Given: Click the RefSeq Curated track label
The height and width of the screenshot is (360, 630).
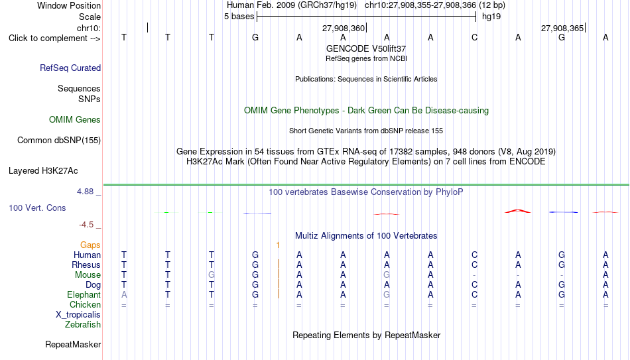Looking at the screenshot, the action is (70, 68).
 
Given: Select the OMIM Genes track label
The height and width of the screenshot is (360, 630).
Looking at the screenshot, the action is (75, 120).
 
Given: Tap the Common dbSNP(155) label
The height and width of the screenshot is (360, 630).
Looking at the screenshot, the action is (59, 141).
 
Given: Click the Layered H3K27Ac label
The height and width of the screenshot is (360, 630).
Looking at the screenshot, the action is (43, 171).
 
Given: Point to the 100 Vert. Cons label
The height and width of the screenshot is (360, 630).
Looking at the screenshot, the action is (37, 208).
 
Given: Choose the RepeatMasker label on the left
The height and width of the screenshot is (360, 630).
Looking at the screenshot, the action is (73, 344).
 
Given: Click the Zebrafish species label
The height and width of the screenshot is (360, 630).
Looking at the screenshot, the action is (83, 324).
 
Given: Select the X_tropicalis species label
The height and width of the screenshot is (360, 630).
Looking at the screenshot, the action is (78, 315).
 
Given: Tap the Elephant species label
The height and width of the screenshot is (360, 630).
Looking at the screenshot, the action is (84, 294).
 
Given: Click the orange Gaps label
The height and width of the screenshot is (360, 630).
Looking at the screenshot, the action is (90, 245).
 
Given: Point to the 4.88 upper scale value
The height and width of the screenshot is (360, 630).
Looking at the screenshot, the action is (85, 192).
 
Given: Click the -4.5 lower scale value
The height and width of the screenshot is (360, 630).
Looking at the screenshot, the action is (86, 225).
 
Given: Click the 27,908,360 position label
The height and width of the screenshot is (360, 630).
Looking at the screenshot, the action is (344, 28).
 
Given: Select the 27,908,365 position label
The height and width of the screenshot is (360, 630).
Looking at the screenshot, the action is (562, 28).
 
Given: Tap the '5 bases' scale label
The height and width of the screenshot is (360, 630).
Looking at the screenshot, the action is (239, 17).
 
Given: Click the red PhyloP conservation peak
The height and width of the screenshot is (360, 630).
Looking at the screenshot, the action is (518, 211).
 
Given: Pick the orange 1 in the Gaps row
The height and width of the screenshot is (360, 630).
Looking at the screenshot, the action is (278, 245).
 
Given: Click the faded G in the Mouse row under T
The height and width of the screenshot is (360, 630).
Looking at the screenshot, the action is (212, 275).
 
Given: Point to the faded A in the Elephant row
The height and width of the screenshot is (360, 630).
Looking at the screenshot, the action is (124, 294).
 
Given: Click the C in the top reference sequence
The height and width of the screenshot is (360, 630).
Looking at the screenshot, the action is (475, 37).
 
